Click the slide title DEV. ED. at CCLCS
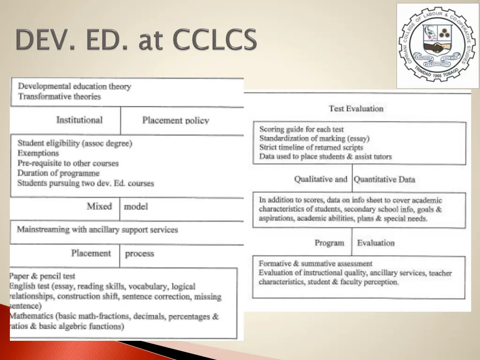[x=136, y=40]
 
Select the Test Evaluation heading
[x=356, y=109]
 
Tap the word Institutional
[x=79, y=120]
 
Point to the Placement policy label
[x=175, y=120]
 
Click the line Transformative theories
[x=60, y=97]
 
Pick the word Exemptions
[x=38, y=153]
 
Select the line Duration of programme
[x=59, y=173]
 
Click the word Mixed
[x=99, y=206]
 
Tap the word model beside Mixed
[x=136, y=206]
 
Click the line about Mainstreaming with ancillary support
[x=97, y=230]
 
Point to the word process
[x=139, y=254]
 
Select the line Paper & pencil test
[x=42, y=276]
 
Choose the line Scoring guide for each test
[x=301, y=129]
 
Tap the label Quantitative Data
[x=384, y=179]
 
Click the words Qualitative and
[x=321, y=179]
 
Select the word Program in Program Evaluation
[x=329, y=243]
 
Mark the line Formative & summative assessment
[x=315, y=263]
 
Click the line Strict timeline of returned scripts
[x=311, y=148]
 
